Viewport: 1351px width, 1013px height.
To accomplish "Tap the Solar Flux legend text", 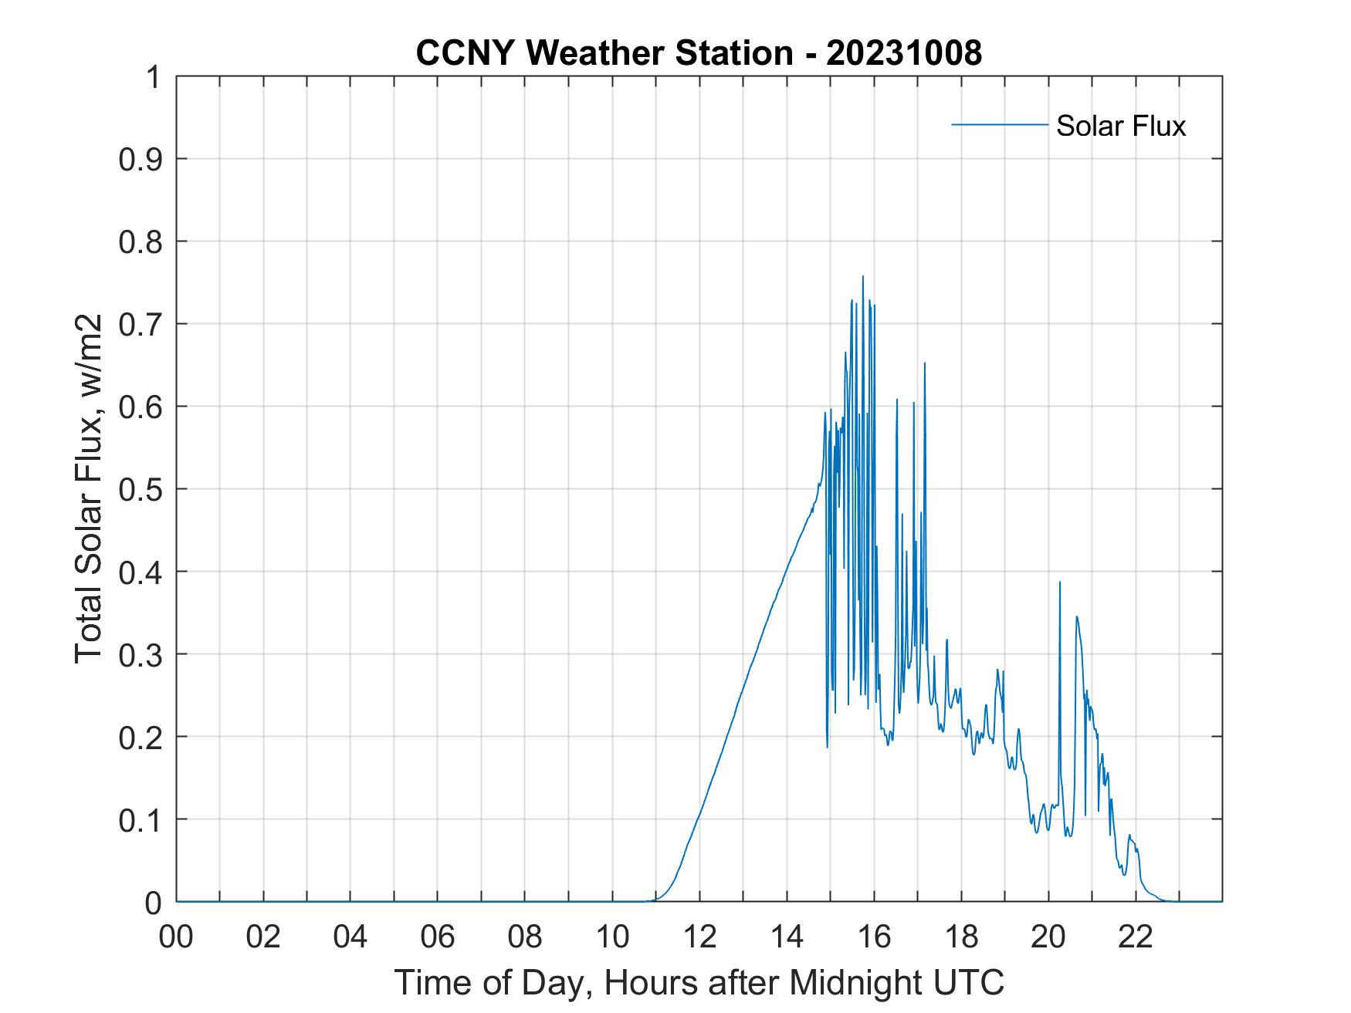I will point(1120,125).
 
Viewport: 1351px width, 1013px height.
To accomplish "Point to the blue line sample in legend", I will point(999,124).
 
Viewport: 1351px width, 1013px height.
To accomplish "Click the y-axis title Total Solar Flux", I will point(89,489).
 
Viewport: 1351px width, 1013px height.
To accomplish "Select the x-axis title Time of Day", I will point(699,983).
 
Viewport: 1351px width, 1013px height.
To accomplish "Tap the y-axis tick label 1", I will point(154,77).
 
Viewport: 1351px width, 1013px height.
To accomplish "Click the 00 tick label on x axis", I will point(176,937).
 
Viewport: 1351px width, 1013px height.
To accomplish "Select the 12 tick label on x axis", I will point(699,937).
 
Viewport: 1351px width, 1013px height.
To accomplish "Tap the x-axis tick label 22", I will point(1136,937).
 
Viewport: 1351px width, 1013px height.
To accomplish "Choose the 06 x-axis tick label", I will point(438,937).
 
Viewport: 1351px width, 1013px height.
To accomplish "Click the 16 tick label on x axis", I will point(874,937).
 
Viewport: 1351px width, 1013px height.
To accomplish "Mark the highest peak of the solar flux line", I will point(862,277).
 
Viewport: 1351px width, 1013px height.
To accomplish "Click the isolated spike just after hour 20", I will point(1059,583).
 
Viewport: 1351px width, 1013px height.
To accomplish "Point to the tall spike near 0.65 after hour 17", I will point(924,364).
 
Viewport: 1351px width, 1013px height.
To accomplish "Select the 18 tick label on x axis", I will point(961,937).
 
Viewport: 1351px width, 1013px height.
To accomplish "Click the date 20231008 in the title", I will point(903,53).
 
